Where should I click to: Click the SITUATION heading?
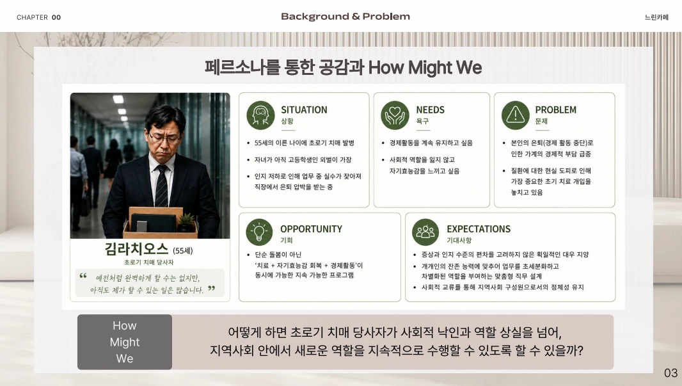[304, 110]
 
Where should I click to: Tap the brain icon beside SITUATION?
[260, 115]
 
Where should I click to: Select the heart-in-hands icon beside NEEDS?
[395, 115]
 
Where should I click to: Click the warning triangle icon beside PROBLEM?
[516, 115]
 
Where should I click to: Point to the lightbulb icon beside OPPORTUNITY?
[259, 232]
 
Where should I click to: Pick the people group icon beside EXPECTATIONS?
[425, 232]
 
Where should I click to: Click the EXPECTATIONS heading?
[479, 229]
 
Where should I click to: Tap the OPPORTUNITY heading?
[311, 229]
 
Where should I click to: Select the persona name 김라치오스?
[136, 249]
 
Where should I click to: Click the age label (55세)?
[183, 251]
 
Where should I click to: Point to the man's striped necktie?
[161, 187]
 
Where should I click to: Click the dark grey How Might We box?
[125, 342]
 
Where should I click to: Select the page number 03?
[670, 373]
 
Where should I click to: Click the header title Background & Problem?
[345, 17]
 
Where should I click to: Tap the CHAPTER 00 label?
[39, 17]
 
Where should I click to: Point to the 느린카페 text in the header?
[656, 17]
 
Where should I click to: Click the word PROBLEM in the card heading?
[556, 110]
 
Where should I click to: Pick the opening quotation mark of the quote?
[83, 275]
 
